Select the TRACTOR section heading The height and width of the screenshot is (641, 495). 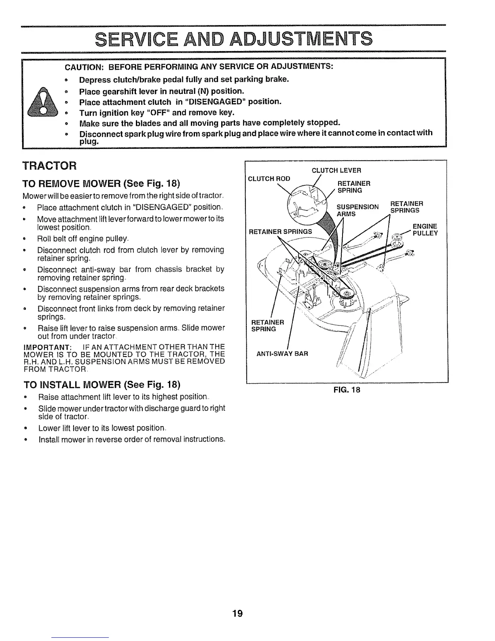coord(49,166)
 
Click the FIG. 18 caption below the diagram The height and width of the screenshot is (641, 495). coord(347,390)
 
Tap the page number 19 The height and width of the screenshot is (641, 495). coord(237,613)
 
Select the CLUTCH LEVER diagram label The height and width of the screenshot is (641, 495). coord(336,170)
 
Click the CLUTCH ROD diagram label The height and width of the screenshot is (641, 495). coord(269,178)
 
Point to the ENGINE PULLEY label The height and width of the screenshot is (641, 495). coord(425,230)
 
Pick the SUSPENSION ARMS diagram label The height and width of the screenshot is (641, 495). coord(357,210)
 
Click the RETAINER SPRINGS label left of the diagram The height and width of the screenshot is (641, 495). coord(280,232)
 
